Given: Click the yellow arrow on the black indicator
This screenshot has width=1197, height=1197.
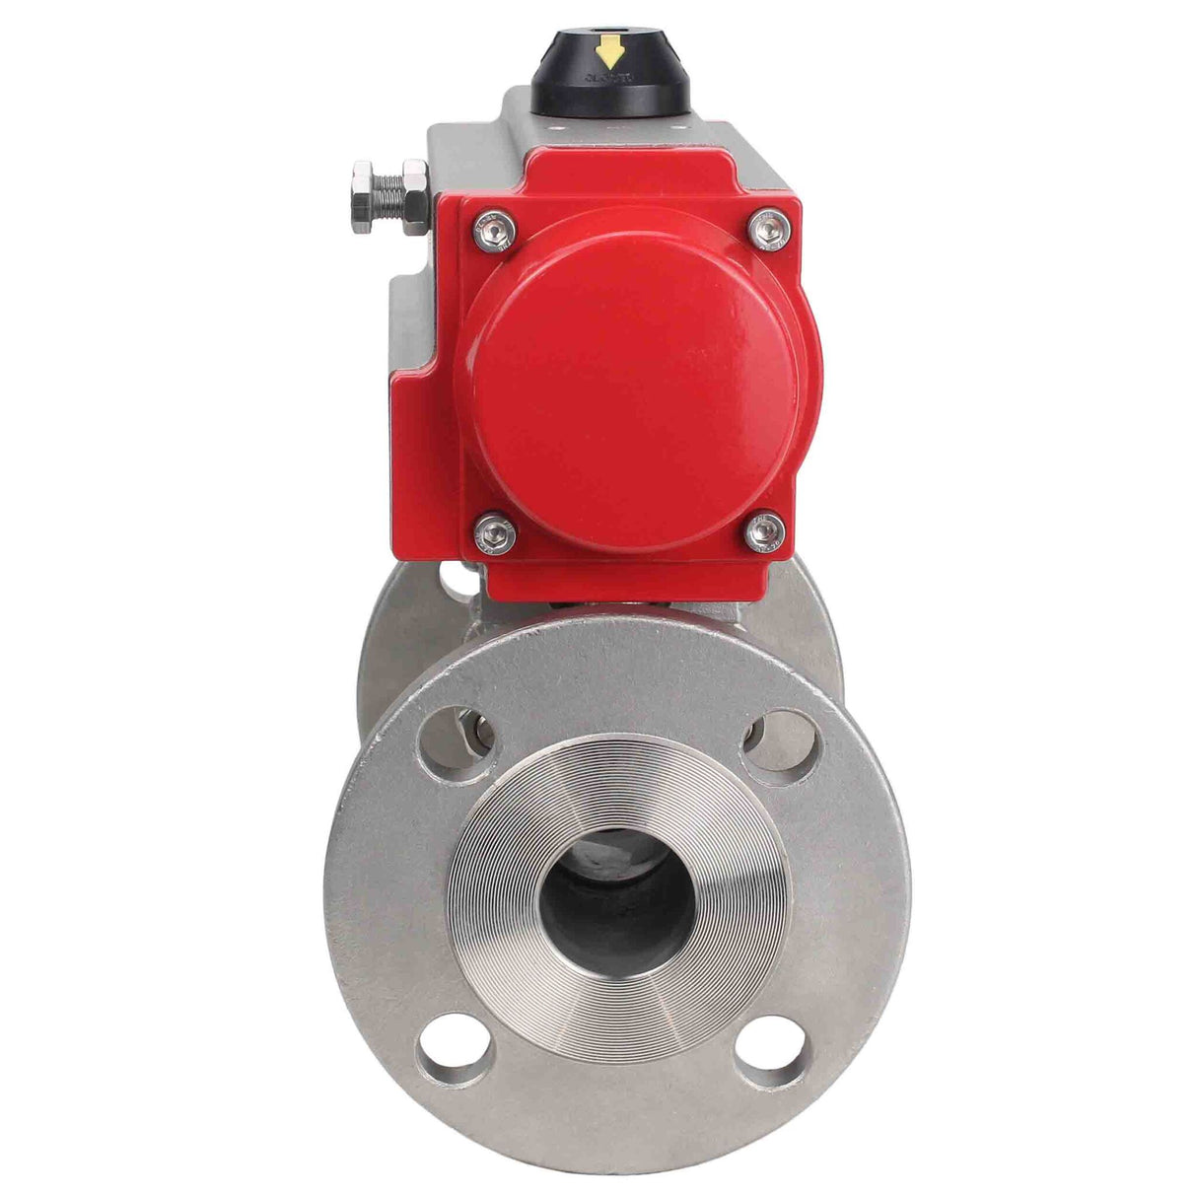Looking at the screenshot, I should pos(612,50).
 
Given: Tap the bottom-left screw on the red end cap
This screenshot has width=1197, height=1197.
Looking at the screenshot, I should pos(495,533).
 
